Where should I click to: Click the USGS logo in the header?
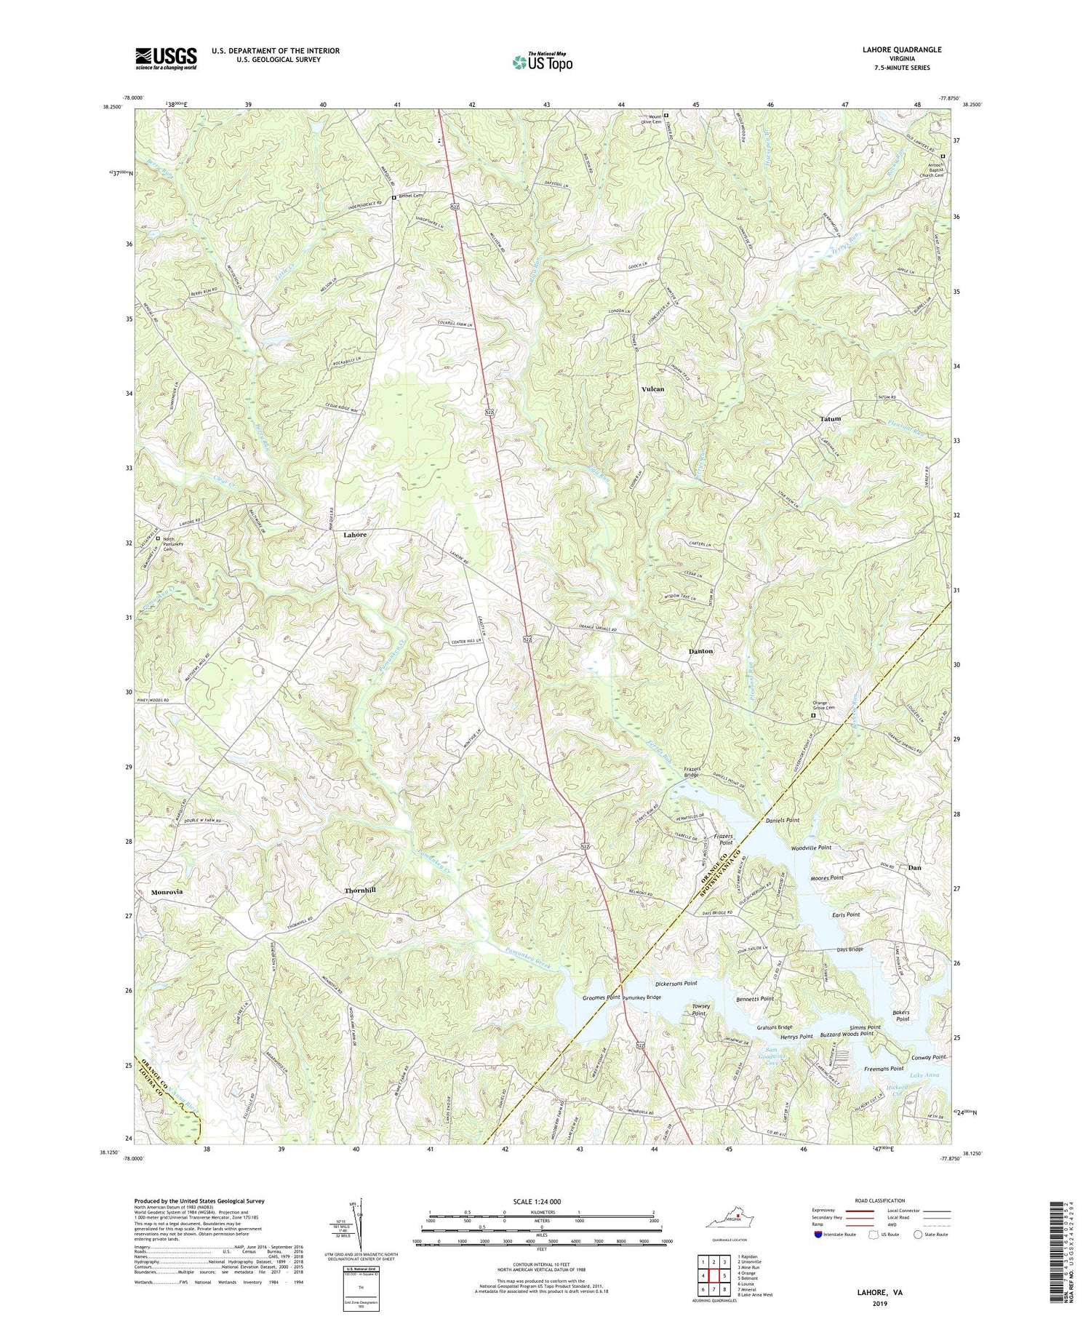[165, 58]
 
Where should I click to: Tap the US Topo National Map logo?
[542, 62]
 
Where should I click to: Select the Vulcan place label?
[652, 389]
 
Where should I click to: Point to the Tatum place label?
[830, 419]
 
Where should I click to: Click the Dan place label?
[916, 868]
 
